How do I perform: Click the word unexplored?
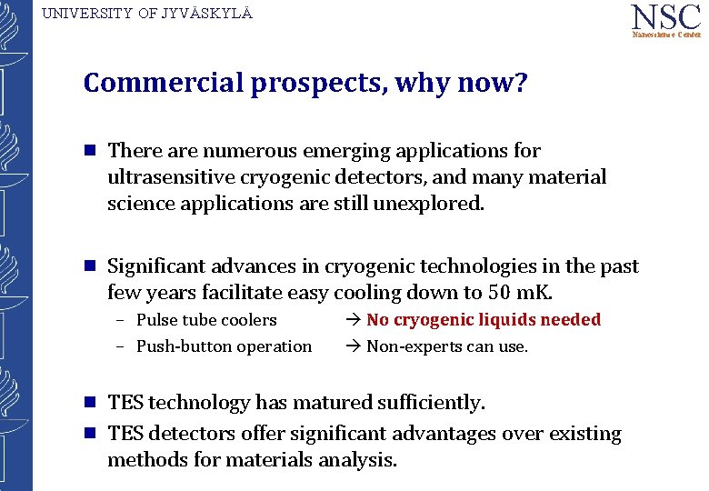point(428,204)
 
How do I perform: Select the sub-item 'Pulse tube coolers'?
point(206,320)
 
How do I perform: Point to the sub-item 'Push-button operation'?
point(224,346)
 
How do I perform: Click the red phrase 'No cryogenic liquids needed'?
point(484,320)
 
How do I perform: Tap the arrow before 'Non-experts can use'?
point(354,346)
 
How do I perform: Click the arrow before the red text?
point(354,320)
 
